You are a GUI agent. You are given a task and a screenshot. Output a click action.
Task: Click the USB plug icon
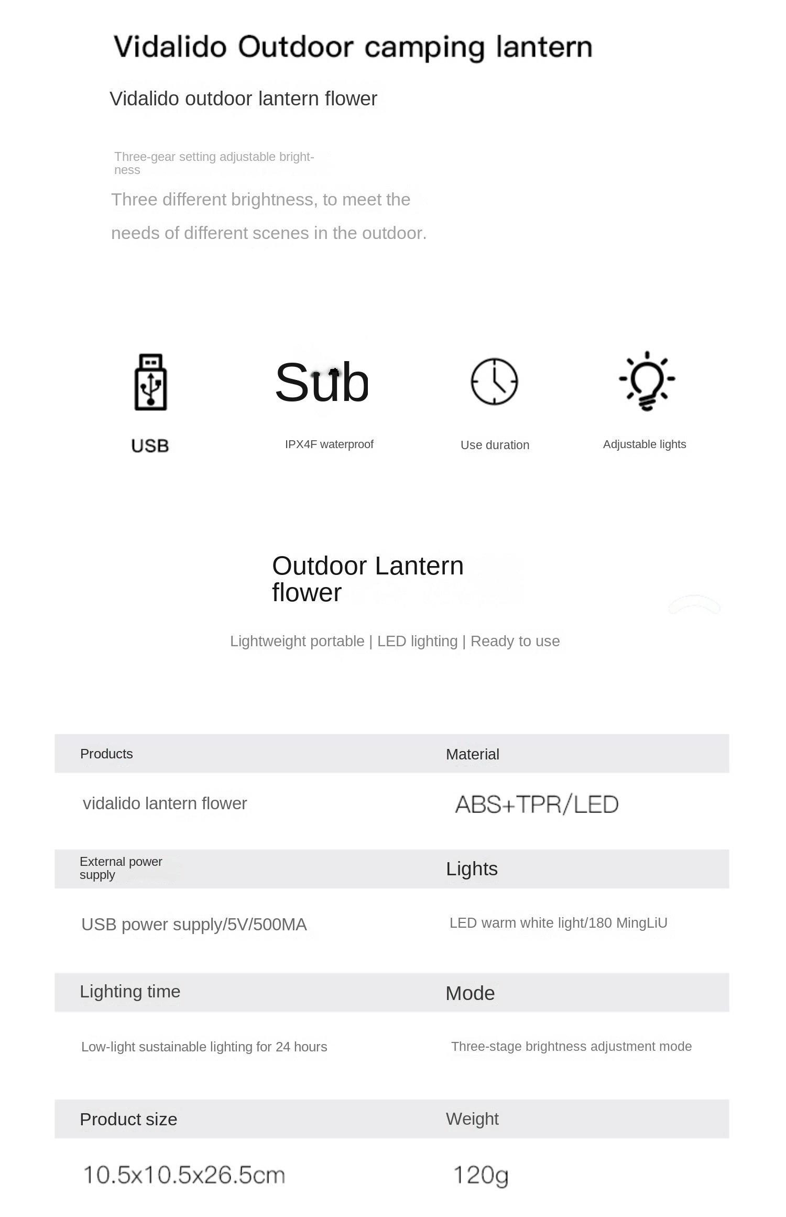pos(151,382)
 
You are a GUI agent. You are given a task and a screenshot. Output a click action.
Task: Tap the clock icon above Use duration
pos(494,382)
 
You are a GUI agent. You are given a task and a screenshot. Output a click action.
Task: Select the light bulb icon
pos(647,381)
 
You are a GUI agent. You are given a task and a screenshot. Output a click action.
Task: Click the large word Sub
pos(322,383)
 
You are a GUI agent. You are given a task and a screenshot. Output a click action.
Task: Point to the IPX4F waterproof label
pos(329,444)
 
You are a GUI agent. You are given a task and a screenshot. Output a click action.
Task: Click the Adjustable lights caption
pos(644,444)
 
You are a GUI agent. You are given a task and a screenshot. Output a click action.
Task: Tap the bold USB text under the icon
pos(150,446)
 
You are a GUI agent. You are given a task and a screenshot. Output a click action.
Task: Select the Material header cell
pos(472,754)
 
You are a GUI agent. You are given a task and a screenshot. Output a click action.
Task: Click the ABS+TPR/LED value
pos(537,805)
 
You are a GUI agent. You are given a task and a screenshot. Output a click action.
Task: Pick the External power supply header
pos(121,868)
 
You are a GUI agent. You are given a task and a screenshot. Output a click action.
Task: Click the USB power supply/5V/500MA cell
pos(194,925)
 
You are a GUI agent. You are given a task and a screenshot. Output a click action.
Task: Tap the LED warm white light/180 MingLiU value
pos(558,923)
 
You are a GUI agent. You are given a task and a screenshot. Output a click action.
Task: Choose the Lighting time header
pos(130,992)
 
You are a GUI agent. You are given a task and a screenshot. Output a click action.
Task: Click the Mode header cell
pos(470,993)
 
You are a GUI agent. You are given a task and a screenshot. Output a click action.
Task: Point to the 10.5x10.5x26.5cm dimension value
pos(184,1175)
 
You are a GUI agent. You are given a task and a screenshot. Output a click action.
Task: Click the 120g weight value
pos(481,1175)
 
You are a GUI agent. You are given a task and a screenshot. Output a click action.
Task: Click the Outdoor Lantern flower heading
pos(367,579)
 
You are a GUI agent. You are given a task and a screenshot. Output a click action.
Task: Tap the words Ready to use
pos(515,641)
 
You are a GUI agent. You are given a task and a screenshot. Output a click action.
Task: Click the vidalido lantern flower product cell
pos(165,803)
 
